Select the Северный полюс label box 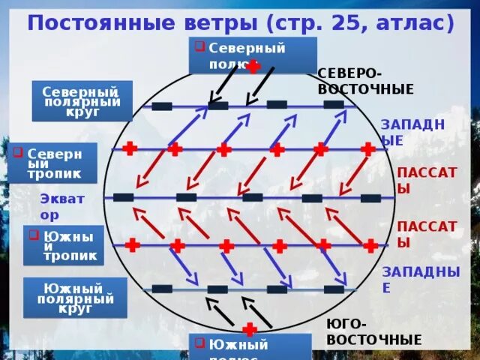[x=252, y=55]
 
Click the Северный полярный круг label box [x=82, y=100]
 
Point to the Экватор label [x=62, y=206]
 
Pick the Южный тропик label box [x=64, y=245]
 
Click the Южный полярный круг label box [x=75, y=298]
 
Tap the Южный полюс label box [x=249, y=347]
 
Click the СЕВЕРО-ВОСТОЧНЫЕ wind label [x=365, y=82]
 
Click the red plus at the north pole [x=253, y=67]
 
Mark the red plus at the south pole [x=250, y=329]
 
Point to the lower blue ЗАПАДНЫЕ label [x=420, y=279]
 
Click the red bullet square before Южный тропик [x=33, y=235]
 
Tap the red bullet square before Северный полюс [x=199, y=46]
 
